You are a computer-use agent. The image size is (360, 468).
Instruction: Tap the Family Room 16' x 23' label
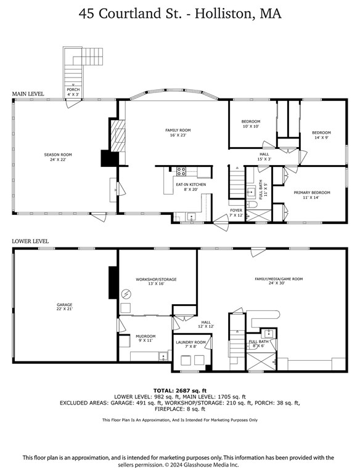pyautogui.click(x=178, y=132)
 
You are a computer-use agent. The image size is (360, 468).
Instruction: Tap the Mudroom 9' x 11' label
pyautogui.click(x=145, y=338)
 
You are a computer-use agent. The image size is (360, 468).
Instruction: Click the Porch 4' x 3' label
pyautogui.click(x=73, y=92)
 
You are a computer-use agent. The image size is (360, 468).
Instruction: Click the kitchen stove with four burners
pyautogui.click(x=181, y=171)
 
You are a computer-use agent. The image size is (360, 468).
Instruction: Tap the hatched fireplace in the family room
pyautogui.click(x=118, y=135)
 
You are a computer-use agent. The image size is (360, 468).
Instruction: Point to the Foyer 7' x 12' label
pyautogui.click(x=236, y=212)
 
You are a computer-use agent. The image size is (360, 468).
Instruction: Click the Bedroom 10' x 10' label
pyautogui.click(x=251, y=124)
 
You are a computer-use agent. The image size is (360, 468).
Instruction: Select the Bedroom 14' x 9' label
pyautogui.click(x=321, y=135)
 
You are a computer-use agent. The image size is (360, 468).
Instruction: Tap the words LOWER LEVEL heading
pyautogui.click(x=30, y=241)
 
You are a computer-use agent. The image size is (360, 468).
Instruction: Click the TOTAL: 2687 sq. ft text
pyautogui.click(x=180, y=390)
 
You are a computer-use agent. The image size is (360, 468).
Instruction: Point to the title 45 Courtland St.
pyautogui.click(x=130, y=14)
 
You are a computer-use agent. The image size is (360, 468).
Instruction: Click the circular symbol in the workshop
pyautogui.click(x=126, y=294)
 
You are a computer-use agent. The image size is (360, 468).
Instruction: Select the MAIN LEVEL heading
pyautogui.click(x=28, y=94)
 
